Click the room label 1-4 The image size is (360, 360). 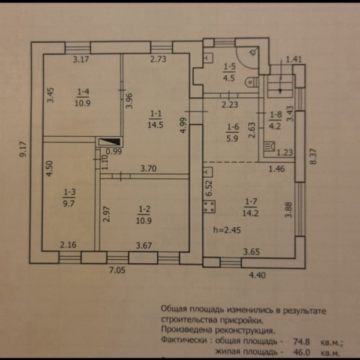(x=83, y=91)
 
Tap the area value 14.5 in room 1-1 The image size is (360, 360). (x=155, y=125)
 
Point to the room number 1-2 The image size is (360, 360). (x=144, y=209)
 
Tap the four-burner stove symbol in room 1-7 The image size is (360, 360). (x=210, y=208)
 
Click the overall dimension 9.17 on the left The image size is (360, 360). (x=23, y=149)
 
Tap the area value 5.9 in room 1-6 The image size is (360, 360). (x=232, y=136)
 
